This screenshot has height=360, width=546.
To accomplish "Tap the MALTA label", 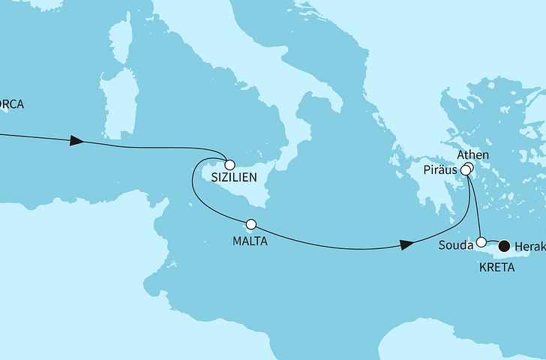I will pos(249,242).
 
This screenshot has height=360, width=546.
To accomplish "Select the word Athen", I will pos(472,155).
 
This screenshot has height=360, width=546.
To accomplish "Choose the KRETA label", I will pos(498,267).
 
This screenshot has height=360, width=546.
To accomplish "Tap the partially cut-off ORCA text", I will pos(11,105).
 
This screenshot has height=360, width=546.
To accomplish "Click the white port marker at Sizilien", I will pos(229,164).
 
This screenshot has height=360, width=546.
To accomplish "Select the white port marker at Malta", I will pos(251,224).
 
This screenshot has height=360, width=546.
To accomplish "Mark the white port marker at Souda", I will pos(482,242).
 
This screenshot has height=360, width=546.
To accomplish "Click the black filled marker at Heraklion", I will pos(504,244).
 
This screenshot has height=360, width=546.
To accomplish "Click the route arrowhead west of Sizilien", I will pos(76,141).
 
